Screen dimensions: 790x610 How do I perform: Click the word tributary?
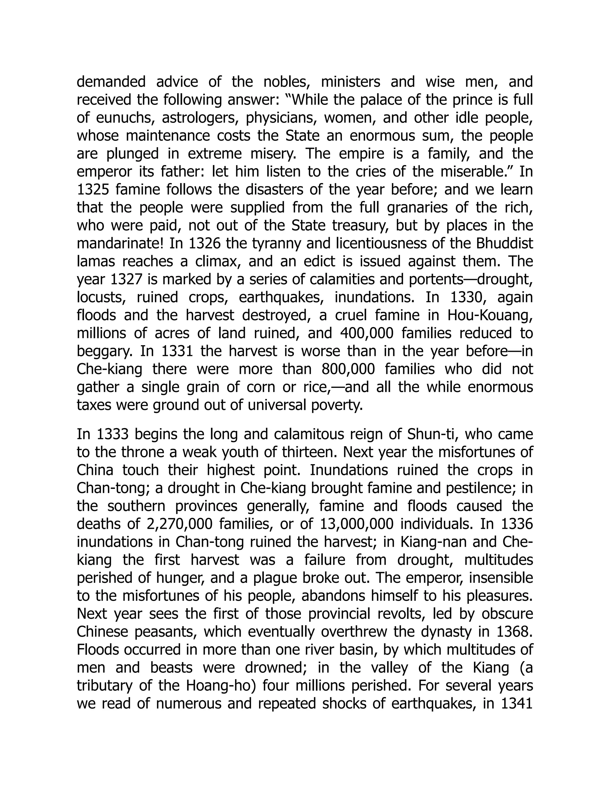click(x=108, y=685)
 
